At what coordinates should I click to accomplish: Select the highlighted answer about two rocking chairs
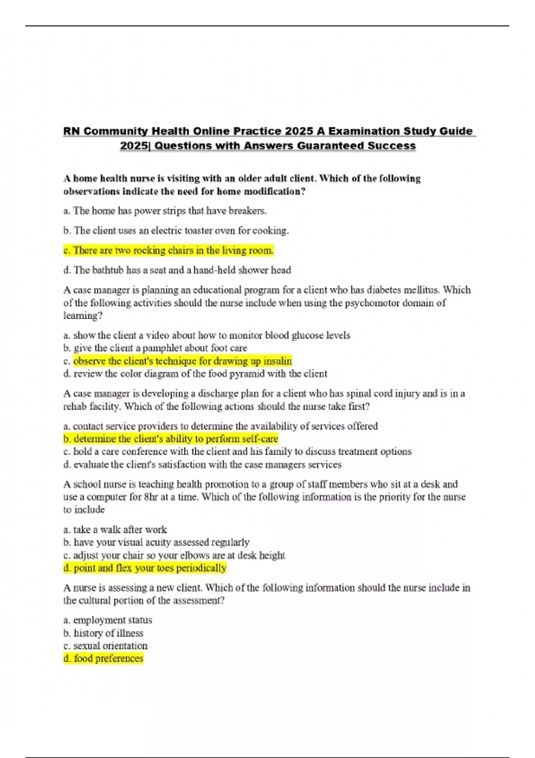[169, 251]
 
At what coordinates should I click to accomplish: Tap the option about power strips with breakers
[165, 211]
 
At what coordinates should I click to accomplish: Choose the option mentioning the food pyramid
[195, 374]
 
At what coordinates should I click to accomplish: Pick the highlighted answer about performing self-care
[171, 439]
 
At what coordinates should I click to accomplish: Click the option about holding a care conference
[237, 452]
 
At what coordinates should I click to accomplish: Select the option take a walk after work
[115, 530]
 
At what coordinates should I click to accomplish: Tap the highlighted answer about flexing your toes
[145, 568]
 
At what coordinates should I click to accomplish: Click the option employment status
[108, 620]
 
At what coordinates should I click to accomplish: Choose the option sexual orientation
[106, 646]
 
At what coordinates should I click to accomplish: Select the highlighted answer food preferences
[103, 659]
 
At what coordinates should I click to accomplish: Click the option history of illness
[103, 633]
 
